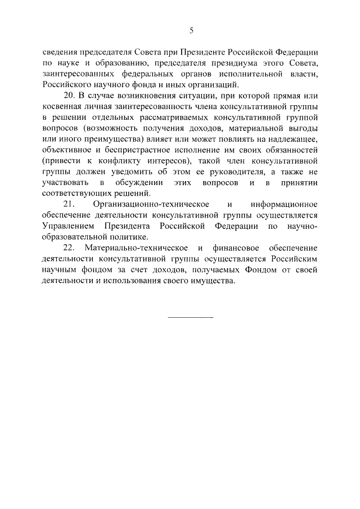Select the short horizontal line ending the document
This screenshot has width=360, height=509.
(x=191, y=318)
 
